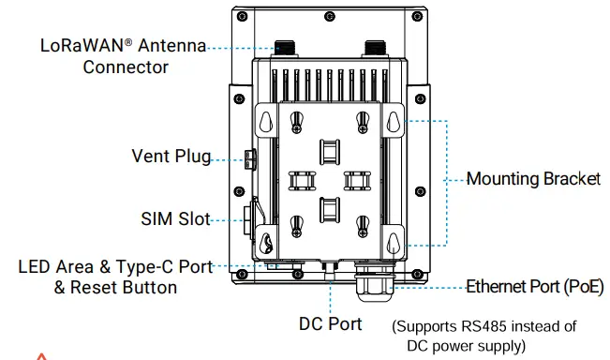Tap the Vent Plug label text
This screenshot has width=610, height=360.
[x=171, y=157]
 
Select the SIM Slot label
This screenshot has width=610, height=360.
[x=174, y=219]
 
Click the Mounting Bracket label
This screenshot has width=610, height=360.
[x=533, y=179]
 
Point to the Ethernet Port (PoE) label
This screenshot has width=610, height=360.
[x=528, y=287]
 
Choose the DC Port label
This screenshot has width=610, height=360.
[x=330, y=324]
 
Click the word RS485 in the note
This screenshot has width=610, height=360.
[x=476, y=327]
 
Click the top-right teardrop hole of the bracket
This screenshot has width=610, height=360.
[x=394, y=122]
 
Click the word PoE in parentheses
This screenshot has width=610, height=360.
[x=578, y=287]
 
